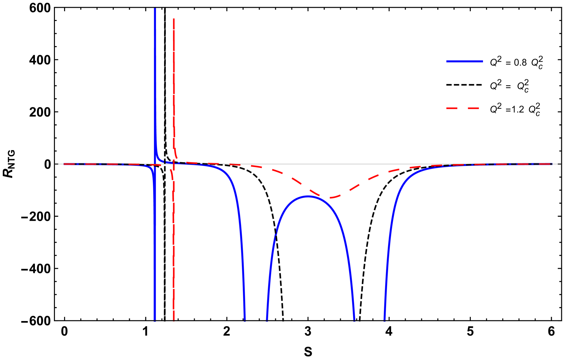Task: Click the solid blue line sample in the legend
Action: tap(464, 62)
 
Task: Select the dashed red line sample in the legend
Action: tap(462, 108)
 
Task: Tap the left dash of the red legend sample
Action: tap(452, 108)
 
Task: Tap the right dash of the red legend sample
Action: tap(474, 108)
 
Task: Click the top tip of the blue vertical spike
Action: tap(155, 9)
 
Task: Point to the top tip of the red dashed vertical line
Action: tap(174, 19)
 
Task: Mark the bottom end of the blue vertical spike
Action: tap(155, 320)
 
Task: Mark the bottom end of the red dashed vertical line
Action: tap(174, 320)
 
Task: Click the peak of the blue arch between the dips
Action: tap(308, 196)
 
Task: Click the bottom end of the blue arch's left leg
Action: tap(267, 319)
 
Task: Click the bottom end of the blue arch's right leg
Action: tap(354, 319)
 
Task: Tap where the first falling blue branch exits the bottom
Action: tap(245, 319)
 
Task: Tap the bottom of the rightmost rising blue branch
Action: tap(384, 319)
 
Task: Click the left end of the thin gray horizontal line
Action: tap(55, 164)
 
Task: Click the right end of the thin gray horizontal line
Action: tap(558, 164)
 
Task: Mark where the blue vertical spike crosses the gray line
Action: tap(155, 164)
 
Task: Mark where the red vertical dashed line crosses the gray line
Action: tap(174, 164)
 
